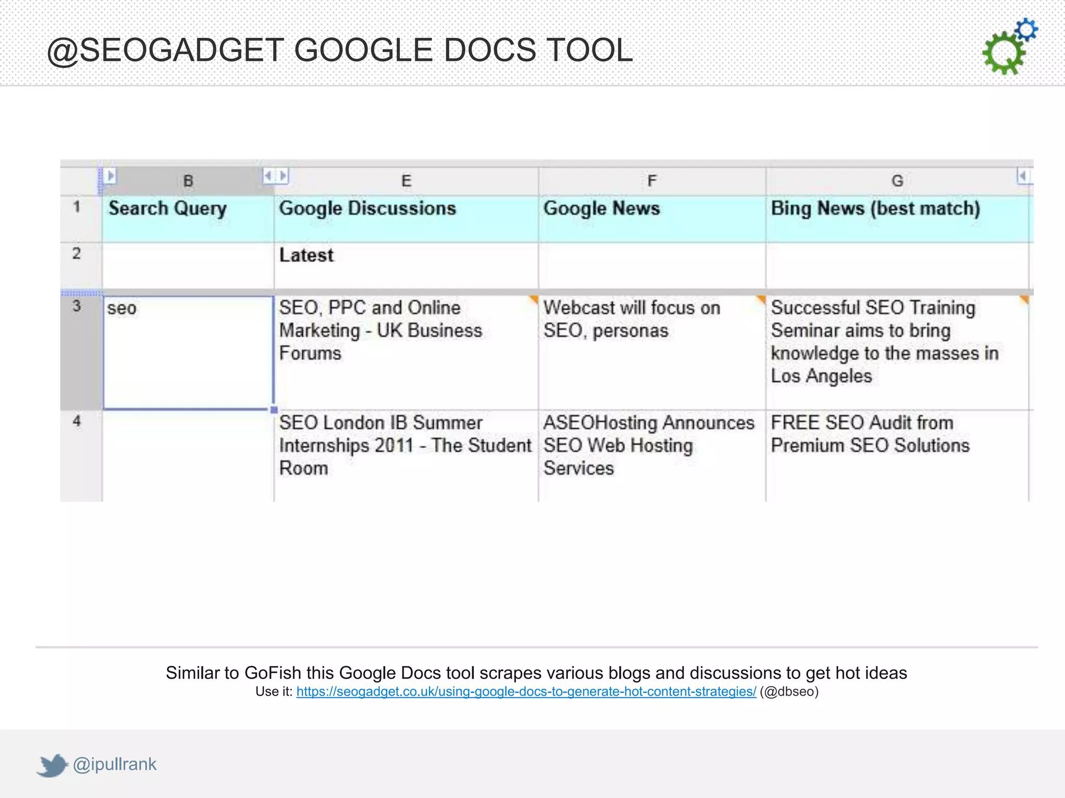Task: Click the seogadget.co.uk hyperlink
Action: tap(526, 691)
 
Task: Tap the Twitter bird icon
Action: tap(52, 765)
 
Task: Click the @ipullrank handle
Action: tap(114, 764)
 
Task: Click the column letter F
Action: tap(652, 181)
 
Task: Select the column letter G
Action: tap(897, 181)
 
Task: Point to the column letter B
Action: tap(188, 181)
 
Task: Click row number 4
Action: tap(77, 421)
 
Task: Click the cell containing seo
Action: tap(188, 352)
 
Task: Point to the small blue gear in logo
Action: tap(1026, 30)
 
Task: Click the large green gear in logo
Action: tap(1003, 53)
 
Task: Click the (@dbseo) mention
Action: tap(789, 691)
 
